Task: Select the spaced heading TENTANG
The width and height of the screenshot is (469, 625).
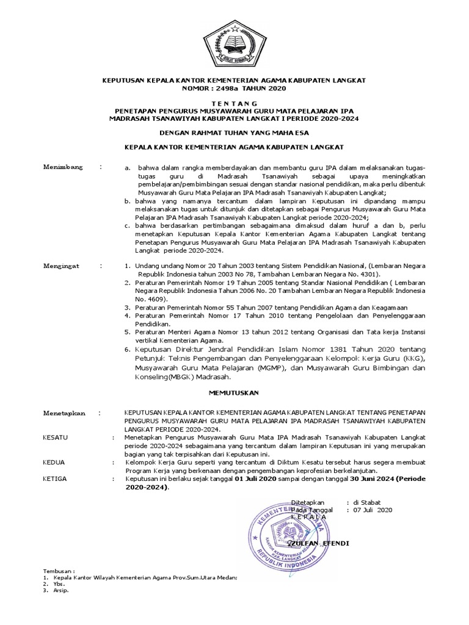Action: (234, 103)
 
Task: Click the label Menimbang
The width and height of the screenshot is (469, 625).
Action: (62, 167)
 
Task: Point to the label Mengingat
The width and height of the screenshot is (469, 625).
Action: (62, 266)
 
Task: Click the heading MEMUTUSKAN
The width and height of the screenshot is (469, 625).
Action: (234, 392)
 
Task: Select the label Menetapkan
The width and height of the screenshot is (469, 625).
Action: (64, 413)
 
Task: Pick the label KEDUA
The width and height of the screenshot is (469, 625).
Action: (54, 463)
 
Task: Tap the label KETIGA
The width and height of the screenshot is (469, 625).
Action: (55, 479)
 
